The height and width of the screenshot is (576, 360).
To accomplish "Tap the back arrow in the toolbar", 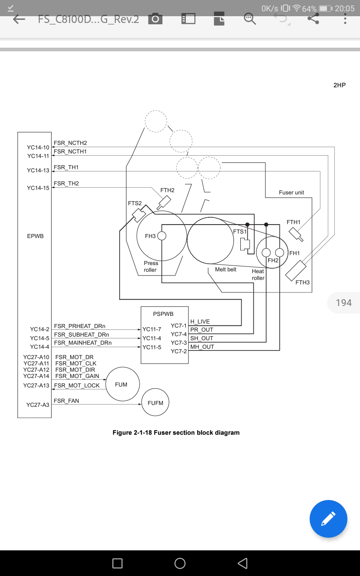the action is [x=19, y=19].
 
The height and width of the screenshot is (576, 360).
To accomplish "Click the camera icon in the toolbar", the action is [x=155, y=19].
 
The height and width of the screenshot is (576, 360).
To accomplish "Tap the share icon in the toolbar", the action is [x=313, y=19].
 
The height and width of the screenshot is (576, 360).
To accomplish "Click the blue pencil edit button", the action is [x=328, y=519].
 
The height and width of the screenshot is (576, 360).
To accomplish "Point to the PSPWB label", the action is [x=163, y=314].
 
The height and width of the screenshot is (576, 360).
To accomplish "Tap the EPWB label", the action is [x=35, y=236].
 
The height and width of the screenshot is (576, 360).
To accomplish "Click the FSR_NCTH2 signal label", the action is [x=70, y=143].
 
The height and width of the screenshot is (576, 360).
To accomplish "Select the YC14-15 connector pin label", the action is [x=38, y=188].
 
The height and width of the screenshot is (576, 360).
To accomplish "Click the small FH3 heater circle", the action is [x=162, y=236].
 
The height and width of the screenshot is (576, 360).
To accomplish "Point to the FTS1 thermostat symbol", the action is [x=245, y=244].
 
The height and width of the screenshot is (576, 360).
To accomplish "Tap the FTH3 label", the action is [x=303, y=283].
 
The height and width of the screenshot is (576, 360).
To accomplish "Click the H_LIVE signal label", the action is [x=200, y=322].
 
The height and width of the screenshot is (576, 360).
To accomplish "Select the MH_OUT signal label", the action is [x=202, y=347].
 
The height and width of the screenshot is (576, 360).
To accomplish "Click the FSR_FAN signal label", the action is [x=66, y=401].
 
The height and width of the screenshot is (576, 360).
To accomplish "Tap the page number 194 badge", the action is [x=344, y=303].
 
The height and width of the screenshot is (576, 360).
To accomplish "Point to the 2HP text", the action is [x=340, y=85].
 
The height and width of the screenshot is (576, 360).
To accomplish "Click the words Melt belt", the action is [x=226, y=270].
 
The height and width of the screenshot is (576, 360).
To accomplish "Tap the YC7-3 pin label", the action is [x=179, y=343].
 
